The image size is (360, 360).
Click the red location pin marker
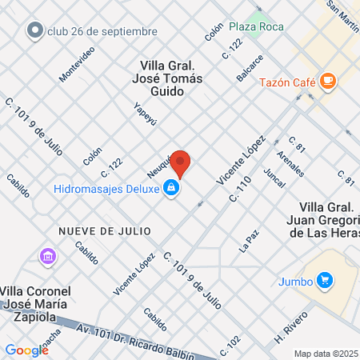coord(181,164)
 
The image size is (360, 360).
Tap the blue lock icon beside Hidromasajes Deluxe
coord(170,189)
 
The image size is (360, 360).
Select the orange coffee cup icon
coord(327,81)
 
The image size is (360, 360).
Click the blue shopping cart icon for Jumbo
coord(324,280)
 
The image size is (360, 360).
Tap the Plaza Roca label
coord(258,26)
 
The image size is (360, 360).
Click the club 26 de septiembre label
coord(102,32)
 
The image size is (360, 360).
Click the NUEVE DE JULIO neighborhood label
coord(105,230)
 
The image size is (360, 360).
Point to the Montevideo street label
coord(77,63)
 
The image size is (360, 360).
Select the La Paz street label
coord(250,242)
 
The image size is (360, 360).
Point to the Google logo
coord(26,350)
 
